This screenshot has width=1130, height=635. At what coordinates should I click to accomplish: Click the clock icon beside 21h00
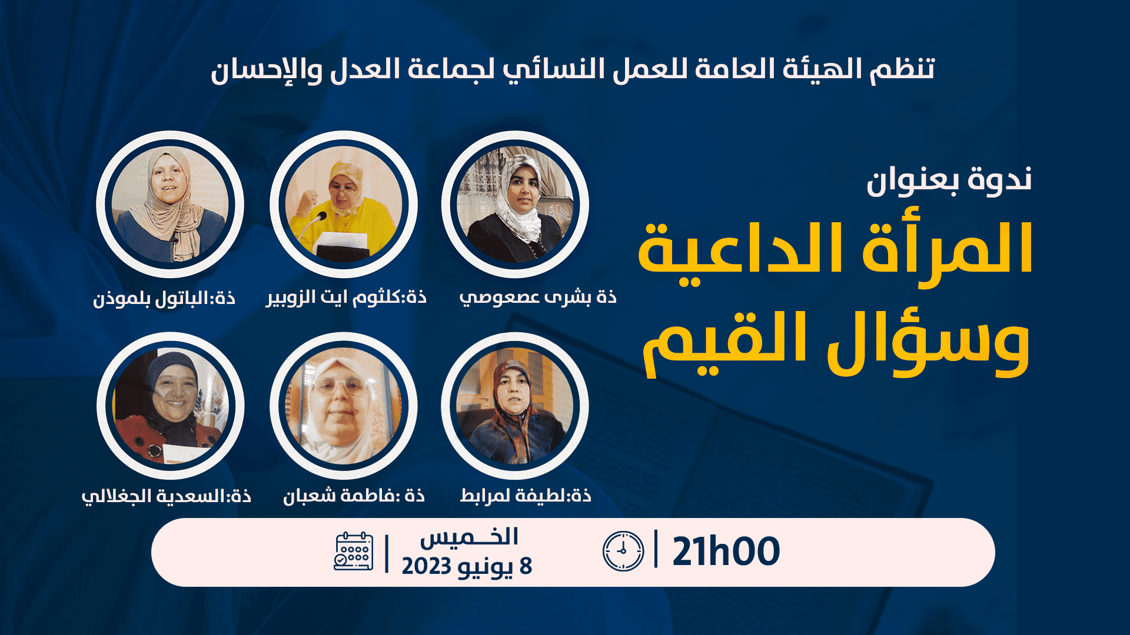(x=623, y=551)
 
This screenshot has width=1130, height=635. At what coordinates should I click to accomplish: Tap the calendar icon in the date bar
(x=353, y=552)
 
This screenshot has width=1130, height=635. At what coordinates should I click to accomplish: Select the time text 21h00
(x=726, y=552)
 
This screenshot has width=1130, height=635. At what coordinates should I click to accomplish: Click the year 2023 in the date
(x=426, y=566)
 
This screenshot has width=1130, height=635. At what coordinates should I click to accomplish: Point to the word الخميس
(x=469, y=536)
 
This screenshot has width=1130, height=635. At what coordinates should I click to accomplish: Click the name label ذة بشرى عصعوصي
(x=538, y=297)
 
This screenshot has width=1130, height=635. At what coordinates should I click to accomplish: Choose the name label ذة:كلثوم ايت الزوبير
(x=346, y=297)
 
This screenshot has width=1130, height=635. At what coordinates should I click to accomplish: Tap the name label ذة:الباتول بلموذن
(x=164, y=298)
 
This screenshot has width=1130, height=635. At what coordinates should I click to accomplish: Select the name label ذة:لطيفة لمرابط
(x=526, y=495)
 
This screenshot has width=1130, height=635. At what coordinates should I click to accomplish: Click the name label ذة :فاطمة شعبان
(x=354, y=496)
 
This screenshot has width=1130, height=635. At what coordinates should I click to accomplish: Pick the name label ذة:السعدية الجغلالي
(x=167, y=496)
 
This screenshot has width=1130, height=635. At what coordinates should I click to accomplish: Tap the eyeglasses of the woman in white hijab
(x=340, y=386)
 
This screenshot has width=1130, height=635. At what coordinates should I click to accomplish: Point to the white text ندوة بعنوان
(x=949, y=179)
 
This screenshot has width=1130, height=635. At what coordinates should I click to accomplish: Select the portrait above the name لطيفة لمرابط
(x=515, y=406)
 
